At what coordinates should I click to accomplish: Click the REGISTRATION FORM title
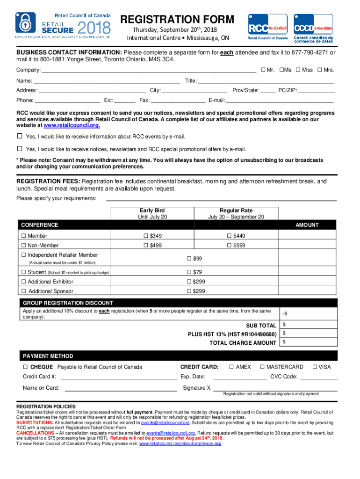[177, 19]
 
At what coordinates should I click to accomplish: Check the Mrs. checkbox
[319, 70]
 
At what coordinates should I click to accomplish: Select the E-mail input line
[280, 101]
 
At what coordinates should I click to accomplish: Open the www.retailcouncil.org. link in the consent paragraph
[72, 126]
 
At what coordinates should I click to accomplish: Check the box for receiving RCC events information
[20, 136]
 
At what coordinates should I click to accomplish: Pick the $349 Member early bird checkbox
[146, 236]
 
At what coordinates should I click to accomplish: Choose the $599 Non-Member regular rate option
[230, 245]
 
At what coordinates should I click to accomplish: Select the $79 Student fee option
[189, 272]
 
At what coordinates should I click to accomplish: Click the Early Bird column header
[152, 210]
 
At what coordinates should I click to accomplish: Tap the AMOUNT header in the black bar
[307, 225]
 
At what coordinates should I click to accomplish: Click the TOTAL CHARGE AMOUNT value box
[308, 342]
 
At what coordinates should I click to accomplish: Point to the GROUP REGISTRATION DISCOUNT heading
[68, 303]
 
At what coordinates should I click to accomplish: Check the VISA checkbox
[315, 367]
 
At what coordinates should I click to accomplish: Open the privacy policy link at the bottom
[180, 444]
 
